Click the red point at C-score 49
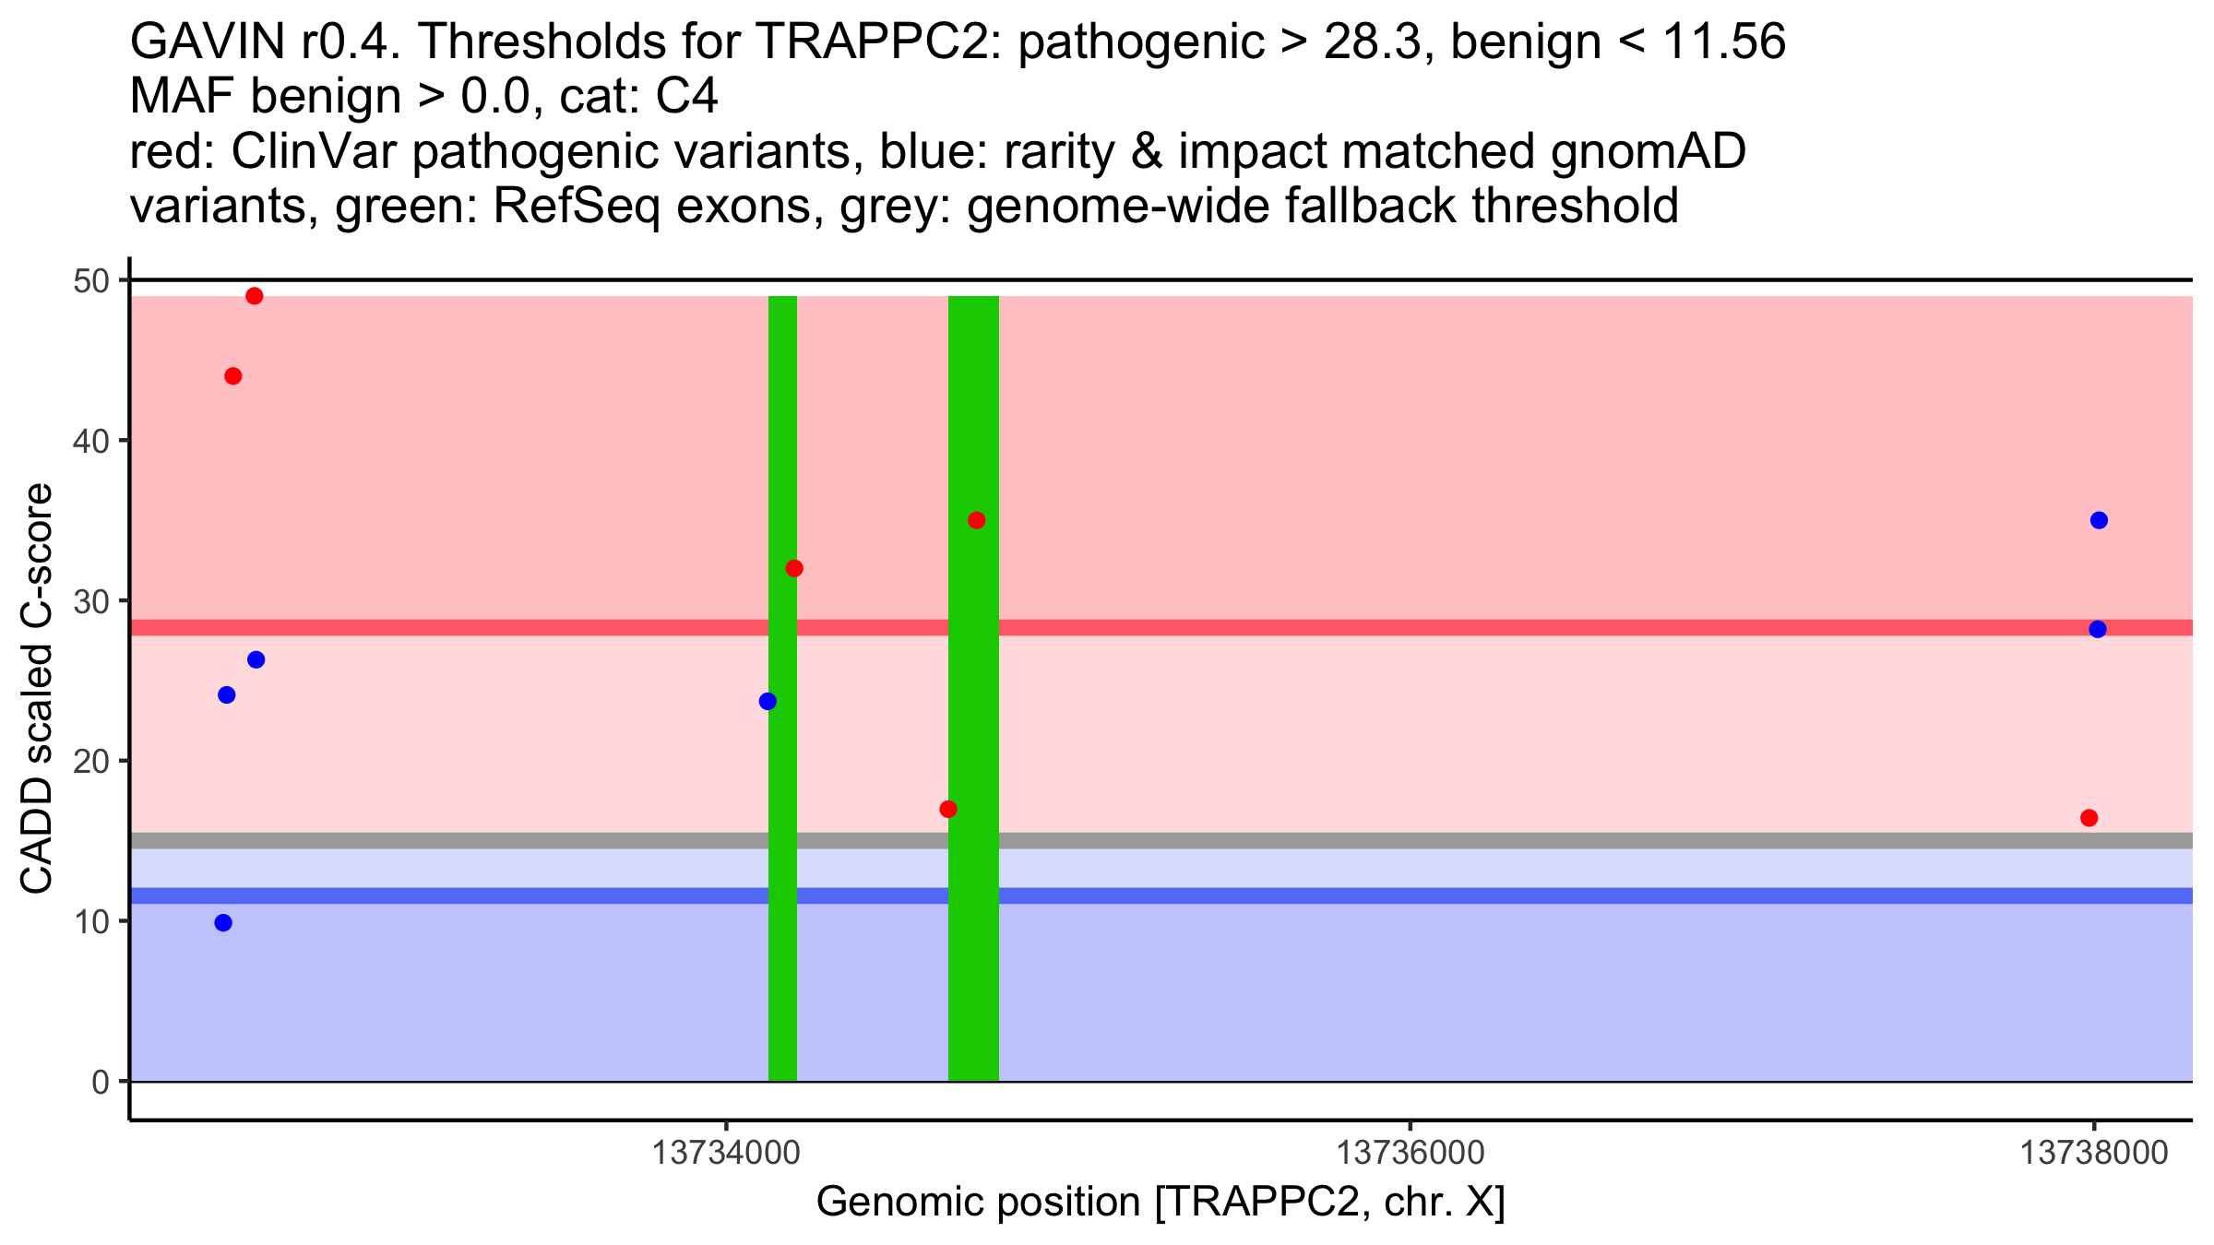point(255,296)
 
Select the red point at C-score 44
point(233,376)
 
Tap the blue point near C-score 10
point(223,923)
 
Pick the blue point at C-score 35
point(2099,520)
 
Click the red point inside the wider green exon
point(977,520)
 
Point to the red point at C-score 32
point(794,568)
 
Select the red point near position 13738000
point(2089,818)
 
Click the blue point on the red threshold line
point(2098,629)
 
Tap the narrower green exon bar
point(782,968)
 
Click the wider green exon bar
point(973,968)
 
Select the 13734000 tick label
point(727,1154)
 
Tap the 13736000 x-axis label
point(1411,1154)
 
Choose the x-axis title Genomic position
point(1161,1203)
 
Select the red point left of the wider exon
point(948,810)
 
